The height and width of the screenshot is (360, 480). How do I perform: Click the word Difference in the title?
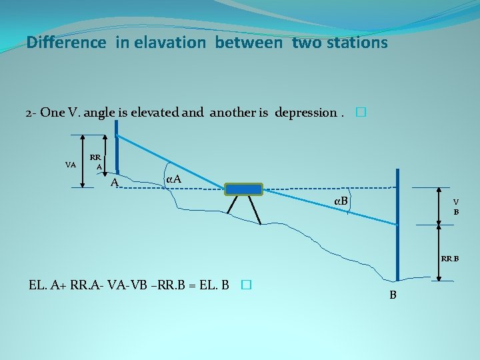66,43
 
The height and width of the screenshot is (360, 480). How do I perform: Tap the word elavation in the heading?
170,43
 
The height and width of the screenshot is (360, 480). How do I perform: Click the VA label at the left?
70,164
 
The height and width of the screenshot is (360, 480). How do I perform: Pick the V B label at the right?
456,207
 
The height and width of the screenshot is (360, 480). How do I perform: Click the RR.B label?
449,258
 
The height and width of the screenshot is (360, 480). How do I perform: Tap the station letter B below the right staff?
393,295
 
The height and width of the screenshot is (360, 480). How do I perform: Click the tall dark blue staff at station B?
397,227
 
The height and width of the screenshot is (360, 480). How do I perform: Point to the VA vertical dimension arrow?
82,160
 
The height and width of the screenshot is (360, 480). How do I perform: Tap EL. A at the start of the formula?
43,285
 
